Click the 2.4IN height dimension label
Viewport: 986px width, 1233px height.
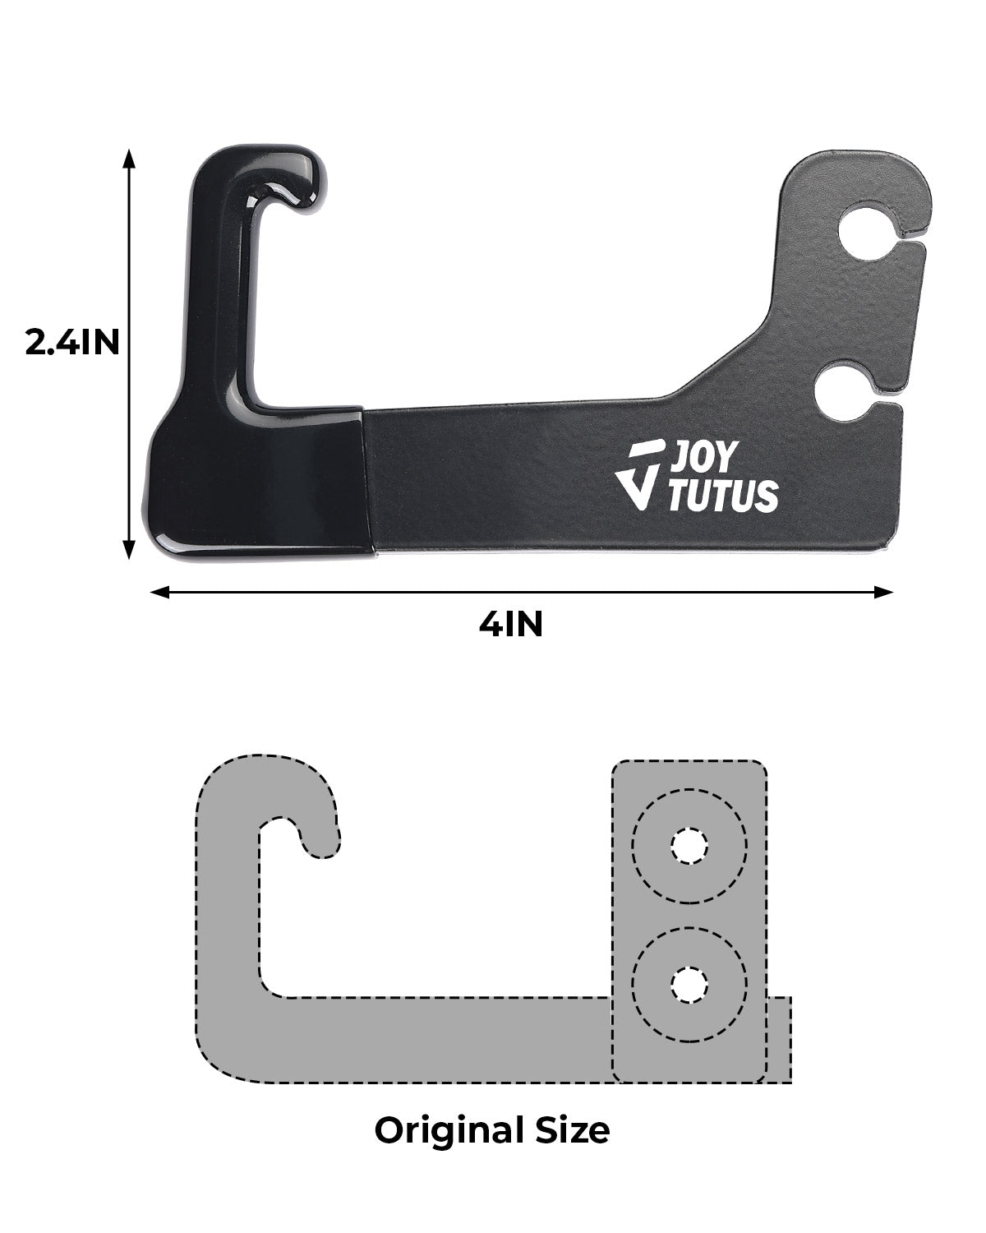(72, 342)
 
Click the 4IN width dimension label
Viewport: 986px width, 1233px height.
(511, 625)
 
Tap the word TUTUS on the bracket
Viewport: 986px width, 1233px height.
(721, 496)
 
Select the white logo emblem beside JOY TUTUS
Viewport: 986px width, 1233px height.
(641, 474)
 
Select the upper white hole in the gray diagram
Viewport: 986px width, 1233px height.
(689, 846)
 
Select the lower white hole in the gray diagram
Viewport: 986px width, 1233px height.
(689, 984)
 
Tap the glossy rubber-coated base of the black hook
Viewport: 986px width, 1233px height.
(255, 485)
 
